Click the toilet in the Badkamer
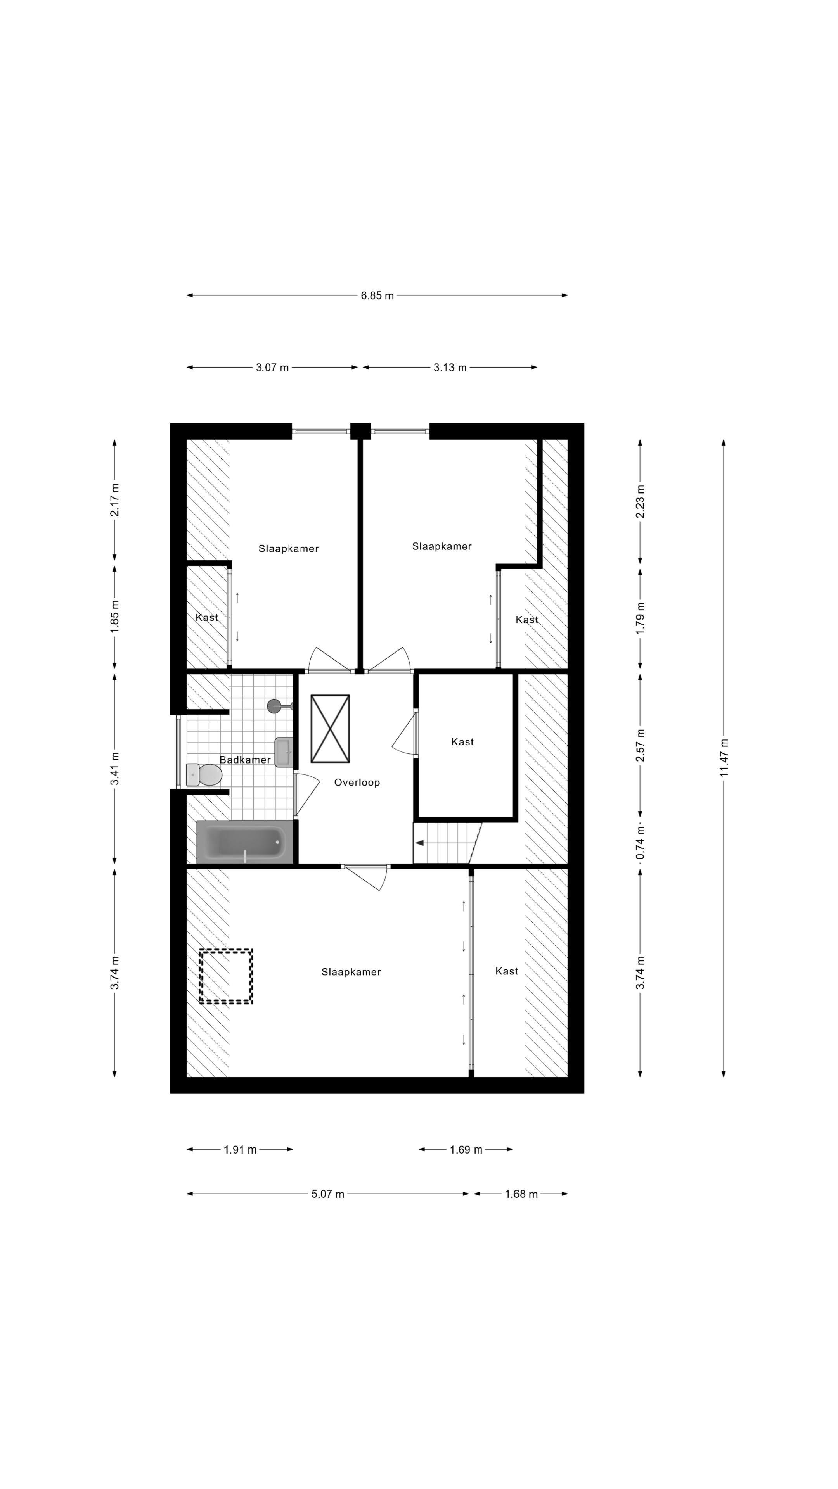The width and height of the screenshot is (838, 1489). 204,775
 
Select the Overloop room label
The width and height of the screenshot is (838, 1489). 357,782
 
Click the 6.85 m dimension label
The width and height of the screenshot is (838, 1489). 377,295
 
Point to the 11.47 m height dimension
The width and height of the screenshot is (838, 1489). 724,757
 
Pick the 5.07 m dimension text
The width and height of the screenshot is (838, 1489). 327,1194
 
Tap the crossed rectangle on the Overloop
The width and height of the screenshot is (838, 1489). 330,728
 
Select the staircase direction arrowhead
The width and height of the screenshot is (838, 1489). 419,843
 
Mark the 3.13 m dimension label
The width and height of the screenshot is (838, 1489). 450,368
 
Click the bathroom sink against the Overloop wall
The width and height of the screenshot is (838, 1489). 283,752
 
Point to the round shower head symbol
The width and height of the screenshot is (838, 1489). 274,705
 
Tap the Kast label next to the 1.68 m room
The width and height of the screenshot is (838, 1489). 507,971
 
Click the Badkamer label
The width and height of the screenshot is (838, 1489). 245,760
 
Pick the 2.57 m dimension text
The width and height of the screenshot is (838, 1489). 640,745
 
